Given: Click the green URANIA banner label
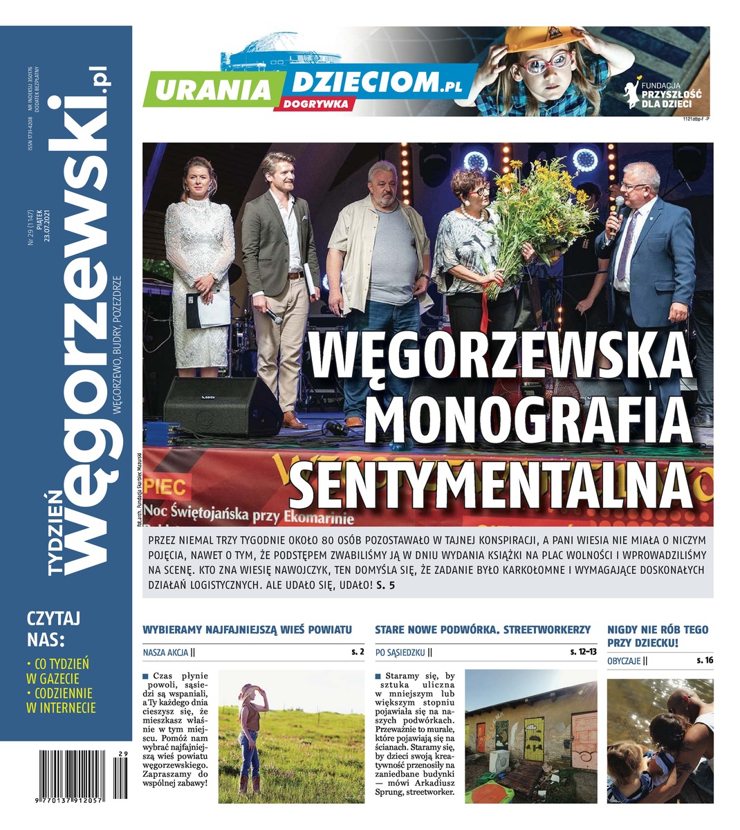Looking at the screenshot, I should tap(212, 90).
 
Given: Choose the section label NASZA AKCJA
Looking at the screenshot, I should tap(165, 652).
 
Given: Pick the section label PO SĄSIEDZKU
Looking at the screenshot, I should tap(400, 652).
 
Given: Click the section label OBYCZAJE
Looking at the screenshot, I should tap(624, 661).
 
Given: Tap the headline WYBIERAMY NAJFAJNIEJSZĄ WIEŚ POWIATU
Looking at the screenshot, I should tap(247, 629).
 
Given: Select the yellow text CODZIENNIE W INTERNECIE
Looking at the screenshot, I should tap(61, 700).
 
